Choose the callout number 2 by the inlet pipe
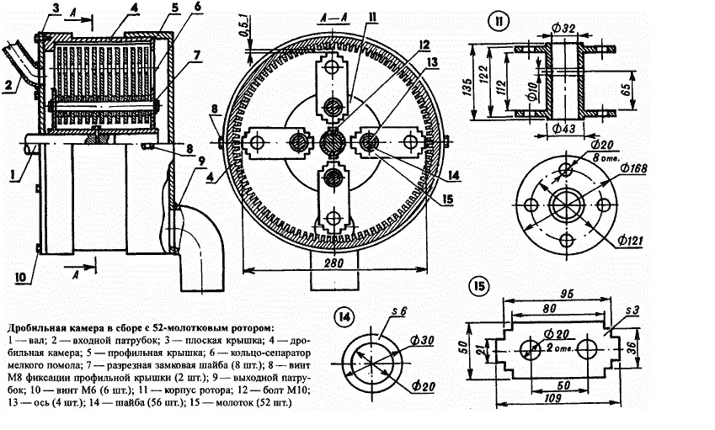7,84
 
